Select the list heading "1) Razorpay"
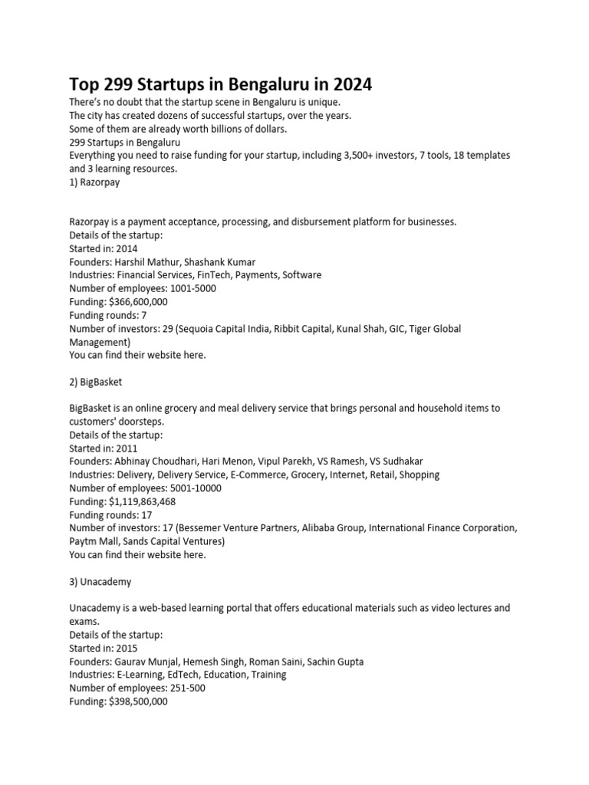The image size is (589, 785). [x=94, y=182]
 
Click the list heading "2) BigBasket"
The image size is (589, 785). [x=96, y=382]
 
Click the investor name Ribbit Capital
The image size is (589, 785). [x=291, y=328]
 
